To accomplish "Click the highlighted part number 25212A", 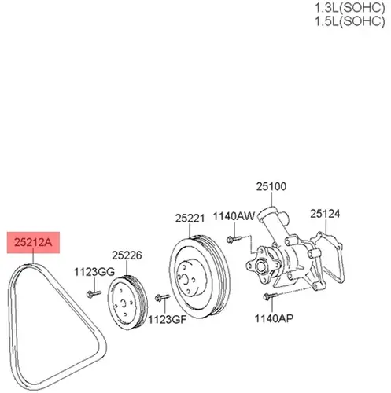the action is [x=33, y=242].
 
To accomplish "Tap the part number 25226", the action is [x=127, y=255].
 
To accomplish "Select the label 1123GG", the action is [x=94, y=272].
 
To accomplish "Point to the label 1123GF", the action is [x=168, y=319].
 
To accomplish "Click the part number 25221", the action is [x=190, y=219].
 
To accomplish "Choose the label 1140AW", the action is [x=234, y=216].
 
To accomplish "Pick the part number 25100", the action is [x=271, y=186].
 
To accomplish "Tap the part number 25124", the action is [x=325, y=214].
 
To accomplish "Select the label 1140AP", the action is [x=274, y=318].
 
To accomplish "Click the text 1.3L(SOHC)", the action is [x=350, y=8].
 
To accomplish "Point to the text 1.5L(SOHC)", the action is [x=350, y=21].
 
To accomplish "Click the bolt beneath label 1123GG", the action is [x=94, y=294].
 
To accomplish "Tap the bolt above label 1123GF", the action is [x=162, y=297].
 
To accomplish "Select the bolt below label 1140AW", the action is [x=234, y=239].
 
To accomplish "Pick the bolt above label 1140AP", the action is [x=270, y=296].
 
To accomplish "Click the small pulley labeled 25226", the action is [x=127, y=303].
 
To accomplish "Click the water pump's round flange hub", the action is [x=261, y=266].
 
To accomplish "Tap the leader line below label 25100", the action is [x=271, y=200].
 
